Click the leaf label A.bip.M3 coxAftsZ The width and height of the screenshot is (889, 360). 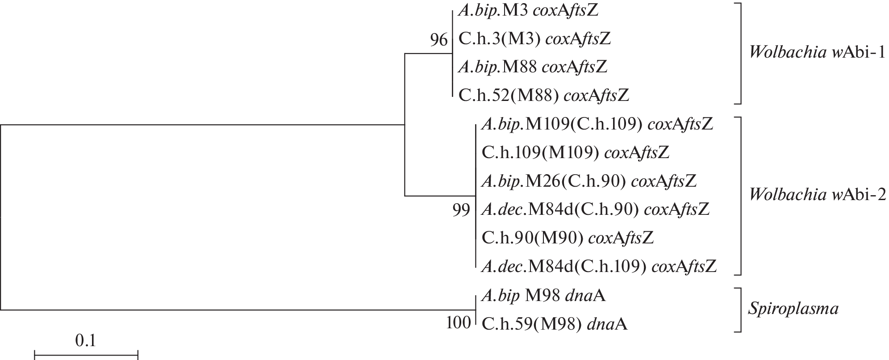[528, 11]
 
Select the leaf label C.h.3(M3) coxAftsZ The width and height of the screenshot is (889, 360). [534, 39]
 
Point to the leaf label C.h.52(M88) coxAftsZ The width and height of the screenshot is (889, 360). [543, 95]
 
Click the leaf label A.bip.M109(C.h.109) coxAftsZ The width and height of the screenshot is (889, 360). [597, 125]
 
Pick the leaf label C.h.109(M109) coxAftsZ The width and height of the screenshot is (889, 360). [576, 153]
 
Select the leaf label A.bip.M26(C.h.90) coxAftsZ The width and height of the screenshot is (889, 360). [589, 181]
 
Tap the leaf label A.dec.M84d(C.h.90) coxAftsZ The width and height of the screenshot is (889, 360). [595, 209]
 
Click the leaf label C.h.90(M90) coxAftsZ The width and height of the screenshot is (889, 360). [568, 238]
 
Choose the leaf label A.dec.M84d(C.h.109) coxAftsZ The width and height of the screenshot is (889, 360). [599, 266]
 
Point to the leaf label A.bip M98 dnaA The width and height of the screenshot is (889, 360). [543, 295]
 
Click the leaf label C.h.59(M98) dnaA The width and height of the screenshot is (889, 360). [555, 324]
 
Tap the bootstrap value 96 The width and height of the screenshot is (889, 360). [438, 41]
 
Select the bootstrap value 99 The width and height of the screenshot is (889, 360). [461, 210]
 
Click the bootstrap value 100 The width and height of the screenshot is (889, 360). [459, 322]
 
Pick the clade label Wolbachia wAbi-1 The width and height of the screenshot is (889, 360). [817, 53]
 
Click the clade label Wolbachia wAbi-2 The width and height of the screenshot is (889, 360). [817, 195]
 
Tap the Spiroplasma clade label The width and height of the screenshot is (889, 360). [793, 309]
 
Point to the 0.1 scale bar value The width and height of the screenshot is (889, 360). [85, 341]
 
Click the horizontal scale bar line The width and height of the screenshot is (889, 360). [86, 356]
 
